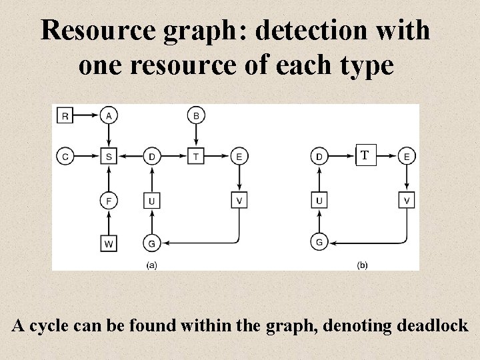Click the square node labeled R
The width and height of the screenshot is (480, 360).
tap(65, 116)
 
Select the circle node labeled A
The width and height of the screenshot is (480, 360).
tap(108, 116)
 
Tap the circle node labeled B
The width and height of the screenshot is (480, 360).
tap(196, 116)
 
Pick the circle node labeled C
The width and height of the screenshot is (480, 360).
tap(65, 157)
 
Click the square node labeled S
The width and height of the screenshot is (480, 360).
tap(108, 157)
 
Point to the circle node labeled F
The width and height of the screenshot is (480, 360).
tap(108, 200)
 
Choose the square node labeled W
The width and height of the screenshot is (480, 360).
tap(108, 243)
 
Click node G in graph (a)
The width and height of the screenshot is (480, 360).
tap(152, 243)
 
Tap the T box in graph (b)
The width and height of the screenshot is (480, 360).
tap(363, 157)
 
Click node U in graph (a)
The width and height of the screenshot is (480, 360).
tap(152, 200)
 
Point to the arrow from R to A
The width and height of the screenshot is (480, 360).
tap(86, 116)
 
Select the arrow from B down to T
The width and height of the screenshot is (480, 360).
tap(196, 137)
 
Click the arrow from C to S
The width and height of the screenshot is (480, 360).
tap(86, 157)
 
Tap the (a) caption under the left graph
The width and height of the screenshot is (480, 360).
tap(152, 265)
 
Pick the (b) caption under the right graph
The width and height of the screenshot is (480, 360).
tap(363, 265)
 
